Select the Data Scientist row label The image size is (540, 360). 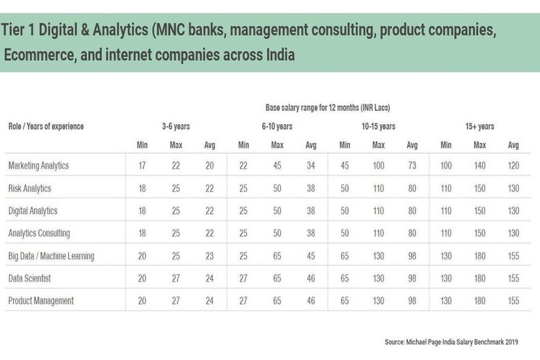coord(29,278)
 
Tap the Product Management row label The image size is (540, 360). coord(40,301)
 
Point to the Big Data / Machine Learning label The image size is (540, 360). coord(50,256)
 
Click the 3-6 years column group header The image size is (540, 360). coord(176,127)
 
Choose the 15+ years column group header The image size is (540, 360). coord(481,127)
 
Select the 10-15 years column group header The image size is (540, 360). coord(378,127)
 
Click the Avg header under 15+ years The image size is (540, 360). coord(513,145)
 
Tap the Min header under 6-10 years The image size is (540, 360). coord(244,145)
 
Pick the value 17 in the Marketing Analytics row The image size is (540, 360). coord(142,166)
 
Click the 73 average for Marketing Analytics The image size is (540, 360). coord(412,166)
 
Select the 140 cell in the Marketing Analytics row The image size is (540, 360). coord(480,166)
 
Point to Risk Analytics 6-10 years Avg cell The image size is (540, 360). coord(311,188)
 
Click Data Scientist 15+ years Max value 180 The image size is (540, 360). coord(480,278)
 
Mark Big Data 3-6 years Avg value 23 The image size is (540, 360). coord(210,256)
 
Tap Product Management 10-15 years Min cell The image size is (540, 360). coord(345,301)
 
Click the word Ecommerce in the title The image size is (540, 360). coord(37,55)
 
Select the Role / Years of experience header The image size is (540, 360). coord(46,127)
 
